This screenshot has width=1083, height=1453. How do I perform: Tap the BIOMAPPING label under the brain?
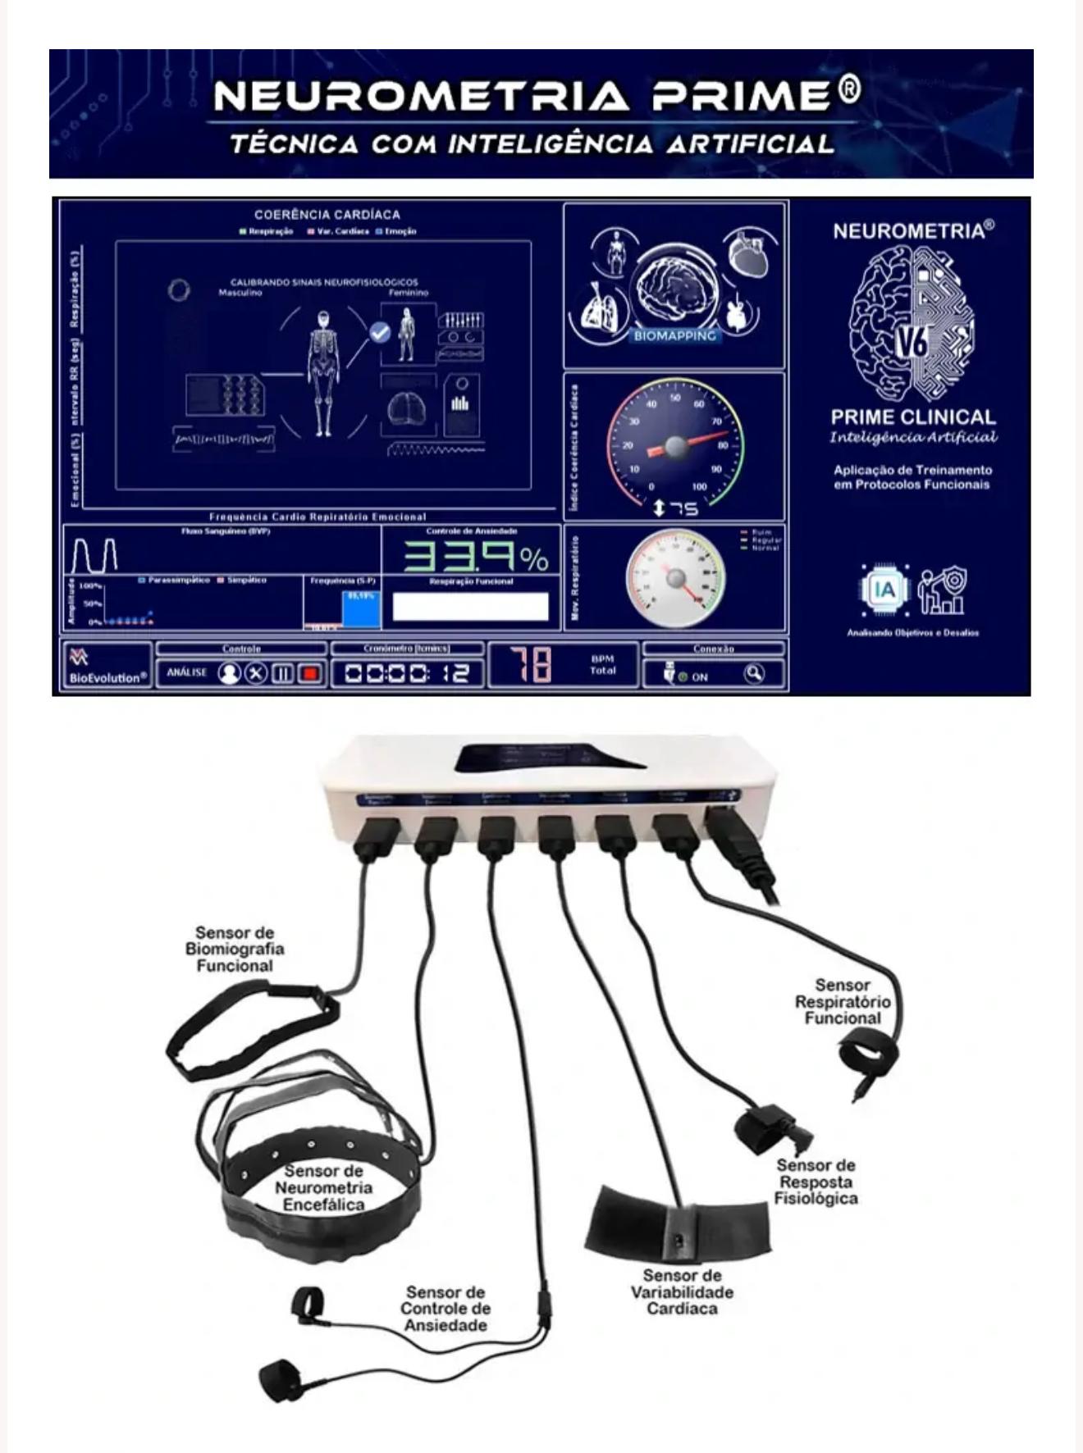(x=674, y=335)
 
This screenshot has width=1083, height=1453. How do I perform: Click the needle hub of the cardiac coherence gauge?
(x=675, y=446)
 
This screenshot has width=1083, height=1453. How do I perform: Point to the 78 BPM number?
(x=532, y=664)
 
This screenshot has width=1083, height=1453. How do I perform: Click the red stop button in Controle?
(x=310, y=673)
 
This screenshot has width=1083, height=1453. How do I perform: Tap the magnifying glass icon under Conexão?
(x=753, y=673)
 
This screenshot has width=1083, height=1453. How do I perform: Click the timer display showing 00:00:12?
(x=407, y=673)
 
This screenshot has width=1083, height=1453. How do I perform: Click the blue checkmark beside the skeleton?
(x=379, y=332)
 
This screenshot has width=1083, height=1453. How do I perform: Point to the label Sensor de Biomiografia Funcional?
(x=235, y=950)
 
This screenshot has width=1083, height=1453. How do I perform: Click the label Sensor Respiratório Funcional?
(x=842, y=1001)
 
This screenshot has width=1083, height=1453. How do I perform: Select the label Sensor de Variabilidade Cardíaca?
(x=682, y=1292)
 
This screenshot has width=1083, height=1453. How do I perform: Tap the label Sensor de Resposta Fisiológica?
(x=816, y=1182)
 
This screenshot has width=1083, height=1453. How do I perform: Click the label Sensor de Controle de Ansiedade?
(x=446, y=1309)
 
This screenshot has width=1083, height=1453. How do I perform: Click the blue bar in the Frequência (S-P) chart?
(x=361, y=609)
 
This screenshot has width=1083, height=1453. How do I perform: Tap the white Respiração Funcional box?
(x=470, y=607)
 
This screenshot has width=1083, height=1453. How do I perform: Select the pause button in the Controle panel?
(x=282, y=673)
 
